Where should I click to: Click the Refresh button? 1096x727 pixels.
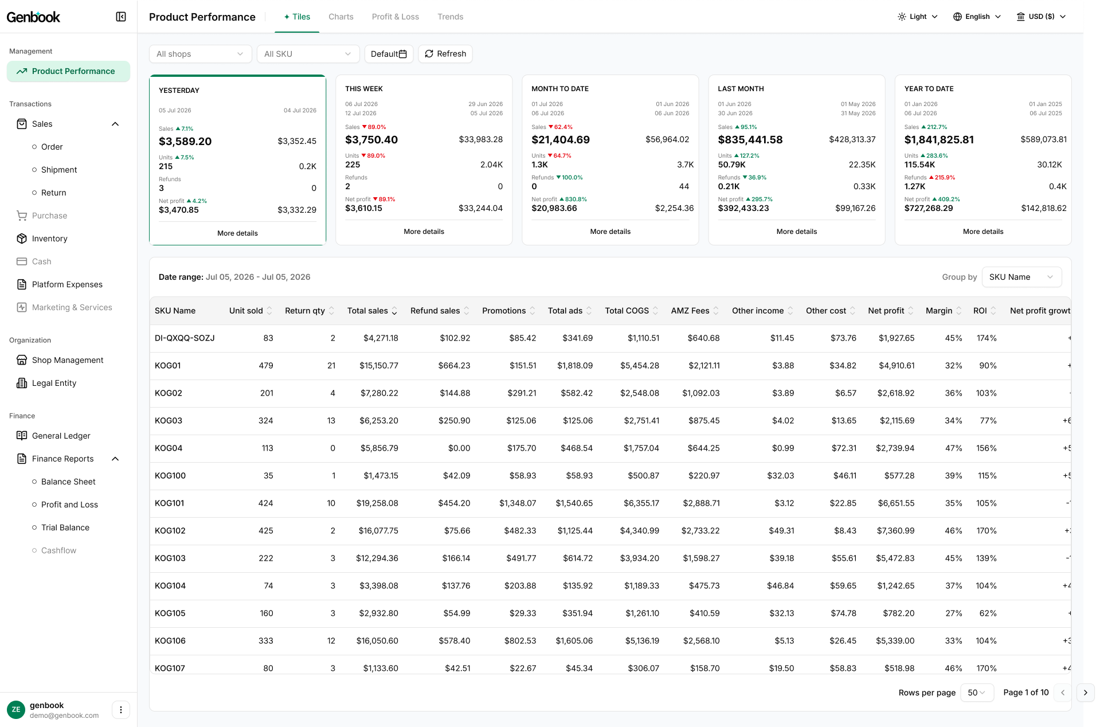[445, 54]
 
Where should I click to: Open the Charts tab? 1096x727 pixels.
[340, 17]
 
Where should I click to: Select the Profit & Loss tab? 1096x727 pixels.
[395, 17]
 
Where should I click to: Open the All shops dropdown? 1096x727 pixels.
[200, 54]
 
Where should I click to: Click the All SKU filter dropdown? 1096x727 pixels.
[308, 54]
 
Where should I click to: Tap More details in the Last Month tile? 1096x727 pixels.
[796, 232]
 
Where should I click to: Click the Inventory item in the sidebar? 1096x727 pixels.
[49, 239]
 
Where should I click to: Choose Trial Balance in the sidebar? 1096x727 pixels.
[65, 527]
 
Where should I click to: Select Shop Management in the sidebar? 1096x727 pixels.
[68, 360]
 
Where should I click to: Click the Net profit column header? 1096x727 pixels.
[886, 311]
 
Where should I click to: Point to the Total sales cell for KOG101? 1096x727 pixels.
[377, 503]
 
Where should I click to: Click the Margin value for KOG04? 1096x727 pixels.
[953, 448]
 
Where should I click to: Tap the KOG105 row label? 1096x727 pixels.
[170, 613]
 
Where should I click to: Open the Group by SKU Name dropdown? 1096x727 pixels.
[1021, 277]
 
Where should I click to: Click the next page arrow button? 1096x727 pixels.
[1085, 693]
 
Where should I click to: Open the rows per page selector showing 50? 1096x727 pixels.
[976, 693]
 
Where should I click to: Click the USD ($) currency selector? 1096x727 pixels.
[1041, 17]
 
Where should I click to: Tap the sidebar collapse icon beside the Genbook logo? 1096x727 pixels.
[121, 17]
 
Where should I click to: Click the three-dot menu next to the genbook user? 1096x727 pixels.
[121, 710]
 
